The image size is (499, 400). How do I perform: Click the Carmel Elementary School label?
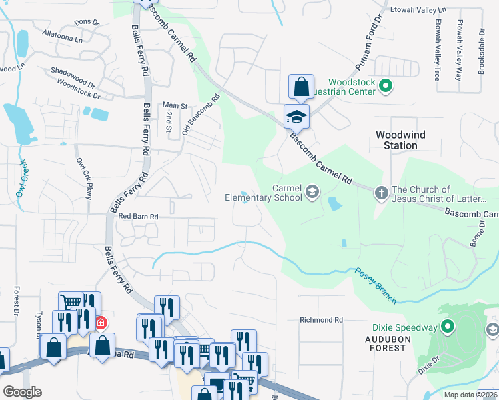click(x=264, y=193)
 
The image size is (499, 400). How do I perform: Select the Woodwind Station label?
click(x=400, y=139)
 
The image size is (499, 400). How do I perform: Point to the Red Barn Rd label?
click(x=138, y=217)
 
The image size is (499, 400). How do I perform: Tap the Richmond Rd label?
click(x=321, y=320)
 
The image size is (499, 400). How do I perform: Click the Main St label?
click(x=175, y=105)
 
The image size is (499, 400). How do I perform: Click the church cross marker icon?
click(x=381, y=193)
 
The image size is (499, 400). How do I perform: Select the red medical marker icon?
click(x=101, y=323)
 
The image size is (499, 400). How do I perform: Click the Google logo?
click(x=22, y=392)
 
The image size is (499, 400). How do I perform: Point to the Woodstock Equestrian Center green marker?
click(x=385, y=85)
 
